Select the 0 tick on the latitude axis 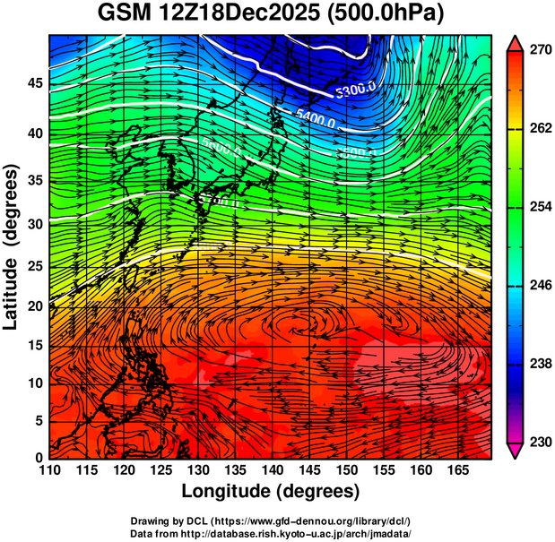[x=37, y=457]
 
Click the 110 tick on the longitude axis [x=49, y=469]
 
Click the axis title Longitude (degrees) [x=271, y=491]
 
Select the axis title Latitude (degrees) [x=12, y=246]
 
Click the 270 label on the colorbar [x=540, y=50]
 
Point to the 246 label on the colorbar [x=540, y=286]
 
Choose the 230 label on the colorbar [x=540, y=442]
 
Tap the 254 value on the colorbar [x=540, y=207]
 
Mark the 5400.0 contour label [x=316, y=116]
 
